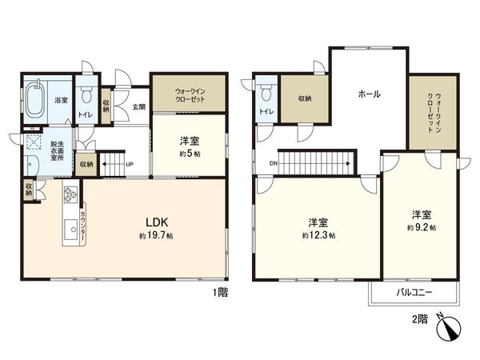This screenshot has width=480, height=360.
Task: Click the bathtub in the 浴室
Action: coord(36,99)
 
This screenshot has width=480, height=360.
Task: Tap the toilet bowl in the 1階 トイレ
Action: coord(87,94)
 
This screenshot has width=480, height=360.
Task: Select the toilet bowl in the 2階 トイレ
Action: coord(266,92)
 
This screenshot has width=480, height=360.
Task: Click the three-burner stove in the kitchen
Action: coord(70,194)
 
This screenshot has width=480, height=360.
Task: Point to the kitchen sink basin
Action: coord(70,230)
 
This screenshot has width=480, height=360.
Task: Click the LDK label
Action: coord(156,222)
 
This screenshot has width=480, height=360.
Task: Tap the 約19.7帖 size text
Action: coord(156,236)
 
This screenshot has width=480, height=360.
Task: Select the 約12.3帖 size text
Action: coord(318,235)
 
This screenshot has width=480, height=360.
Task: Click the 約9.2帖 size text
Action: coord(422,228)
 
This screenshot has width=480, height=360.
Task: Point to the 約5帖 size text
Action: coord(190,154)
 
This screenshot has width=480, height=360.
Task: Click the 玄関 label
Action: coord(138,107)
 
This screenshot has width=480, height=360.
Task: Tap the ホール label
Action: coord(369,94)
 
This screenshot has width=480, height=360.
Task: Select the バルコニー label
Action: coord(414,293)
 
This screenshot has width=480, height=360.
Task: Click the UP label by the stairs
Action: coord(130,164)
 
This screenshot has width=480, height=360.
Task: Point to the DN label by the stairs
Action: coord(274,163)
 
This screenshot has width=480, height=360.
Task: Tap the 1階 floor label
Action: coord(221,292)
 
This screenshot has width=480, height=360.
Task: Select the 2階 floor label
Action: coord(420,319)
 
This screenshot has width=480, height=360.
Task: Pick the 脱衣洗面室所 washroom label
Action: coord(57,150)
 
